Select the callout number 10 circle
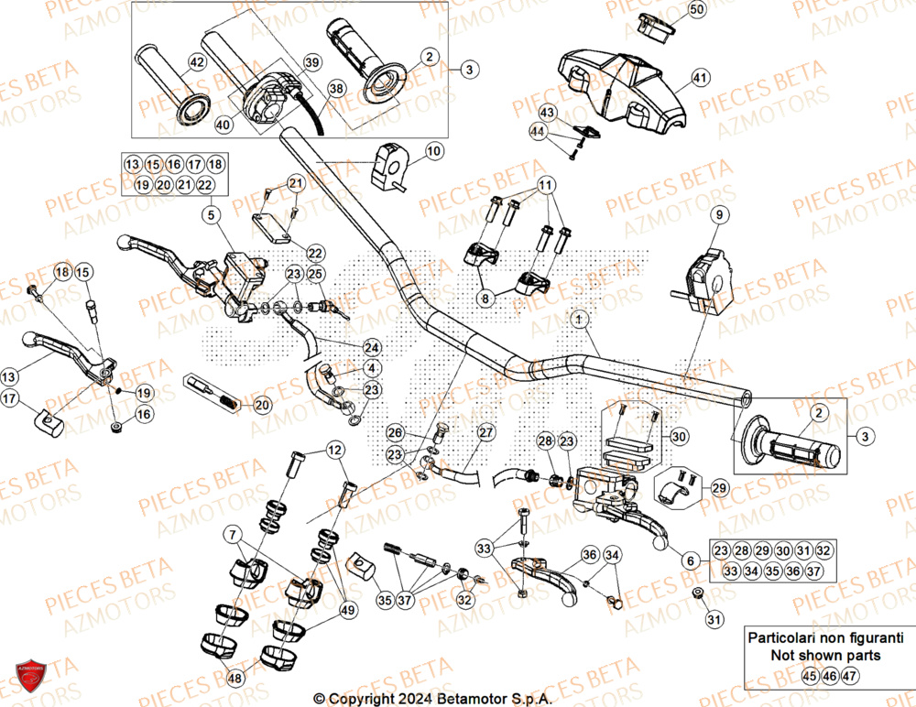click(x=433, y=150)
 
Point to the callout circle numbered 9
click(x=719, y=214)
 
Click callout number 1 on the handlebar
click(x=579, y=319)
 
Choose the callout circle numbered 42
click(x=196, y=62)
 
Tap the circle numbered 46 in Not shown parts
click(x=828, y=677)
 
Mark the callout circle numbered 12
click(x=334, y=450)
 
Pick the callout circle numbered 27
click(x=485, y=432)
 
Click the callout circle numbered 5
click(x=210, y=216)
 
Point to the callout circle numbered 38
click(x=336, y=89)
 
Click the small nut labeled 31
click(x=698, y=596)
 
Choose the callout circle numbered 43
click(x=547, y=112)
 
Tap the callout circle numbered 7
click(x=233, y=532)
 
